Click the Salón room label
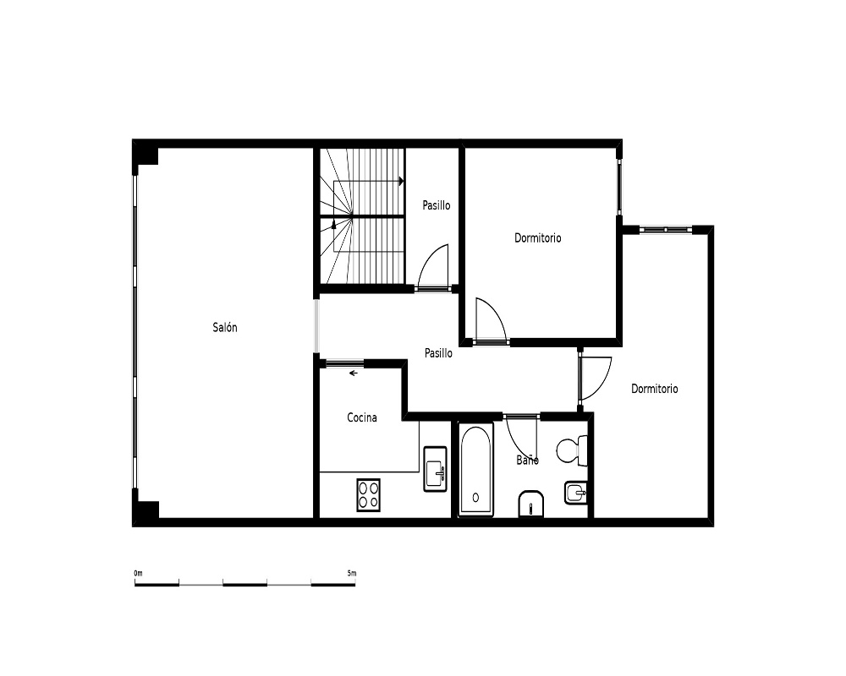[x=225, y=327]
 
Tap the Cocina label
[x=362, y=417]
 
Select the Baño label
[x=527, y=460]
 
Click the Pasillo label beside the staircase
[x=437, y=205]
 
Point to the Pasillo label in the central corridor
[x=438, y=353]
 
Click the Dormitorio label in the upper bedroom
[x=538, y=237]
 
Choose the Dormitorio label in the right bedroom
[x=655, y=389]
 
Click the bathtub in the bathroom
[x=475, y=469]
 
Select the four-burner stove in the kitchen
[x=369, y=495]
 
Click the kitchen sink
[x=436, y=469]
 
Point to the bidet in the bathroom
[x=576, y=493]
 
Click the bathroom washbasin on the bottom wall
[x=532, y=504]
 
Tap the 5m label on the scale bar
[x=352, y=573]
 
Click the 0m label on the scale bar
[x=139, y=573]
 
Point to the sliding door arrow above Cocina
[x=354, y=373]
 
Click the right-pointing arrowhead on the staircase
[x=401, y=181]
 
